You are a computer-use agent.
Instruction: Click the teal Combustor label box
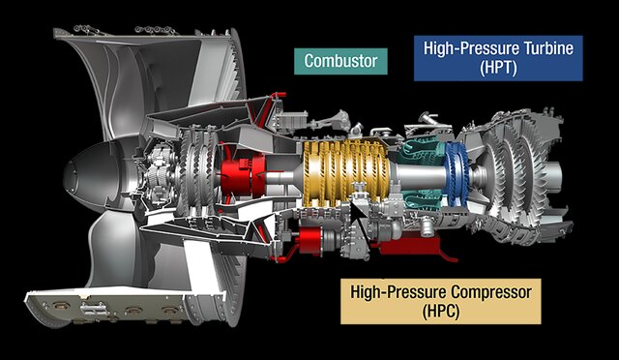coord(340,61)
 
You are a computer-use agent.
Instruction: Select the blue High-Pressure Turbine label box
coord(498,58)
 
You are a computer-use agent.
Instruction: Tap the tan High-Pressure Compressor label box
coord(441,302)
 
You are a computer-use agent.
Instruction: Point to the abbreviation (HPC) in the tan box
coord(441,312)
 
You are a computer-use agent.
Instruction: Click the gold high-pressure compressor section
coord(345,173)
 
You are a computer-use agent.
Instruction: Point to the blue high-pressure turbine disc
coord(457,174)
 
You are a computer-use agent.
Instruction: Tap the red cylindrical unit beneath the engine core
coord(309,240)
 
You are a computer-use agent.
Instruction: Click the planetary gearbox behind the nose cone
coord(159,174)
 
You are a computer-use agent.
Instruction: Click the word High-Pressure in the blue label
coord(472,48)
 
